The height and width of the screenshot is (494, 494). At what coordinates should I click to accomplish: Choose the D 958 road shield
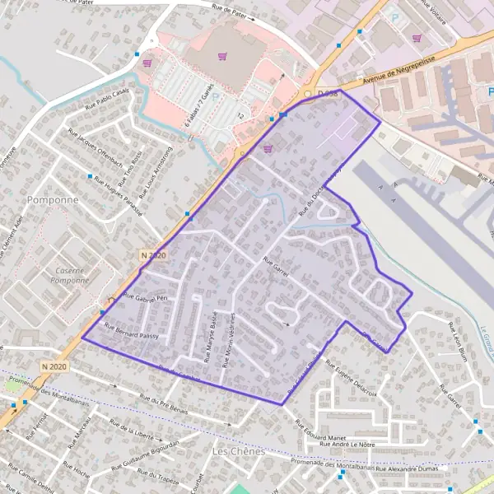coord(330,96)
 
